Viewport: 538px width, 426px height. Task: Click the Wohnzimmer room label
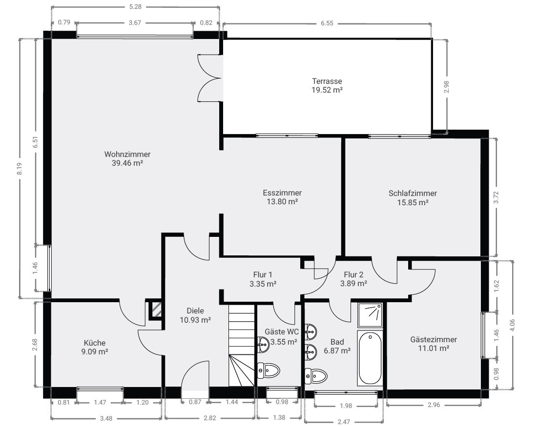pyautogui.click(x=127, y=154)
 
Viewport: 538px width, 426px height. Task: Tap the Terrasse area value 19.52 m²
pyautogui.click(x=327, y=90)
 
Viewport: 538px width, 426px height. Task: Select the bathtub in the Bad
pyautogui.click(x=370, y=357)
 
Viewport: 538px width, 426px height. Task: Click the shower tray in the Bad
pyautogui.click(x=370, y=315)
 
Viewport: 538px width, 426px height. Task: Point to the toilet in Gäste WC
pyautogui.click(x=269, y=370)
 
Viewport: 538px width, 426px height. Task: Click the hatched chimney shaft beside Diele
pyautogui.click(x=156, y=310)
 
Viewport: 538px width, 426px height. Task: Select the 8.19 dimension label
pyautogui.click(x=20, y=169)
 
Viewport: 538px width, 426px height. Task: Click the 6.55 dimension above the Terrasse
pyautogui.click(x=327, y=23)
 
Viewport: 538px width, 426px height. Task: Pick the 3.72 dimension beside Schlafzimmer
pyautogui.click(x=496, y=197)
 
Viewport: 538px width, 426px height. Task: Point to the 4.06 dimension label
pyautogui.click(x=513, y=325)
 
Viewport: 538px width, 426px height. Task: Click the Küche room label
pyautogui.click(x=95, y=343)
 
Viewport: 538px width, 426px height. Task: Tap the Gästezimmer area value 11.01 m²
pyautogui.click(x=434, y=349)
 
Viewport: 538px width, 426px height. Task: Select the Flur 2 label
pyautogui.click(x=353, y=274)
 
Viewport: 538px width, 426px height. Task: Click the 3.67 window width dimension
pyautogui.click(x=135, y=22)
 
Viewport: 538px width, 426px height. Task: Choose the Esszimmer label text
pyautogui.click(x=282, y=193)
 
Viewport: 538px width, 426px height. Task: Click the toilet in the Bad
pyautogui.click(x=316, y=376)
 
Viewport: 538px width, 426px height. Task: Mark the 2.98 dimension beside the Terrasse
pyautogui.click(x=446, y=87)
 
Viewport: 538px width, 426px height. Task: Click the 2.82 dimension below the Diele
pyautogui.click(x=210, y=418)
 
